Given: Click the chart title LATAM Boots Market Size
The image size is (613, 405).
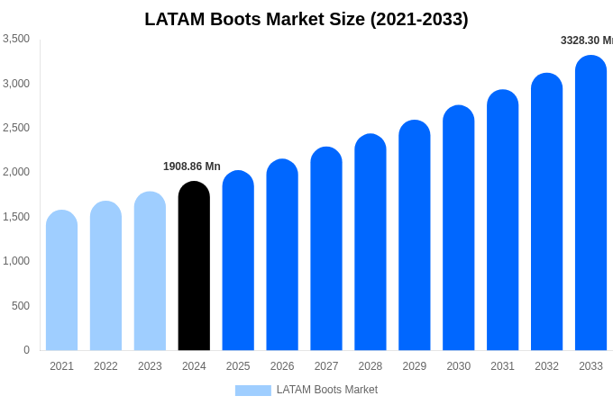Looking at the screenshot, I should click(306, 19).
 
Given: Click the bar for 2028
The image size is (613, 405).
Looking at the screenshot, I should click(371, 242).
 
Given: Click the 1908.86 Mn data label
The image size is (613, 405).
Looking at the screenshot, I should click(192, 166).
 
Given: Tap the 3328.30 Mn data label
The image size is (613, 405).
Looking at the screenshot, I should click(586, 40).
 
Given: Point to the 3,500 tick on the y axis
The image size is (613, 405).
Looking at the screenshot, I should click(16, 39).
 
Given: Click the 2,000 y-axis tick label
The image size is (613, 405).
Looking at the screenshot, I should click(16, 172).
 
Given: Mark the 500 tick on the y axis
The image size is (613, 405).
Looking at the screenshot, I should click(21, 306).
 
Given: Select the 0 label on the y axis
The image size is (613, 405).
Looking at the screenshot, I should click(26, 350).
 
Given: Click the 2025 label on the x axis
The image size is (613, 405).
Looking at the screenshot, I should click(238, 366).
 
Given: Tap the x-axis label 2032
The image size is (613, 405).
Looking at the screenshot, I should click(546, 366).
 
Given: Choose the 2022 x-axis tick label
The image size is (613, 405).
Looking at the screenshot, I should click(105, 366).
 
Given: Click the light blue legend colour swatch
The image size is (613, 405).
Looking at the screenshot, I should click(252, 391).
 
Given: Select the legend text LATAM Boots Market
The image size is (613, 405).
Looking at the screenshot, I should click(327, 390).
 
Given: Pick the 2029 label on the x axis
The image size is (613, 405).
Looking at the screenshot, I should click(415, 366).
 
